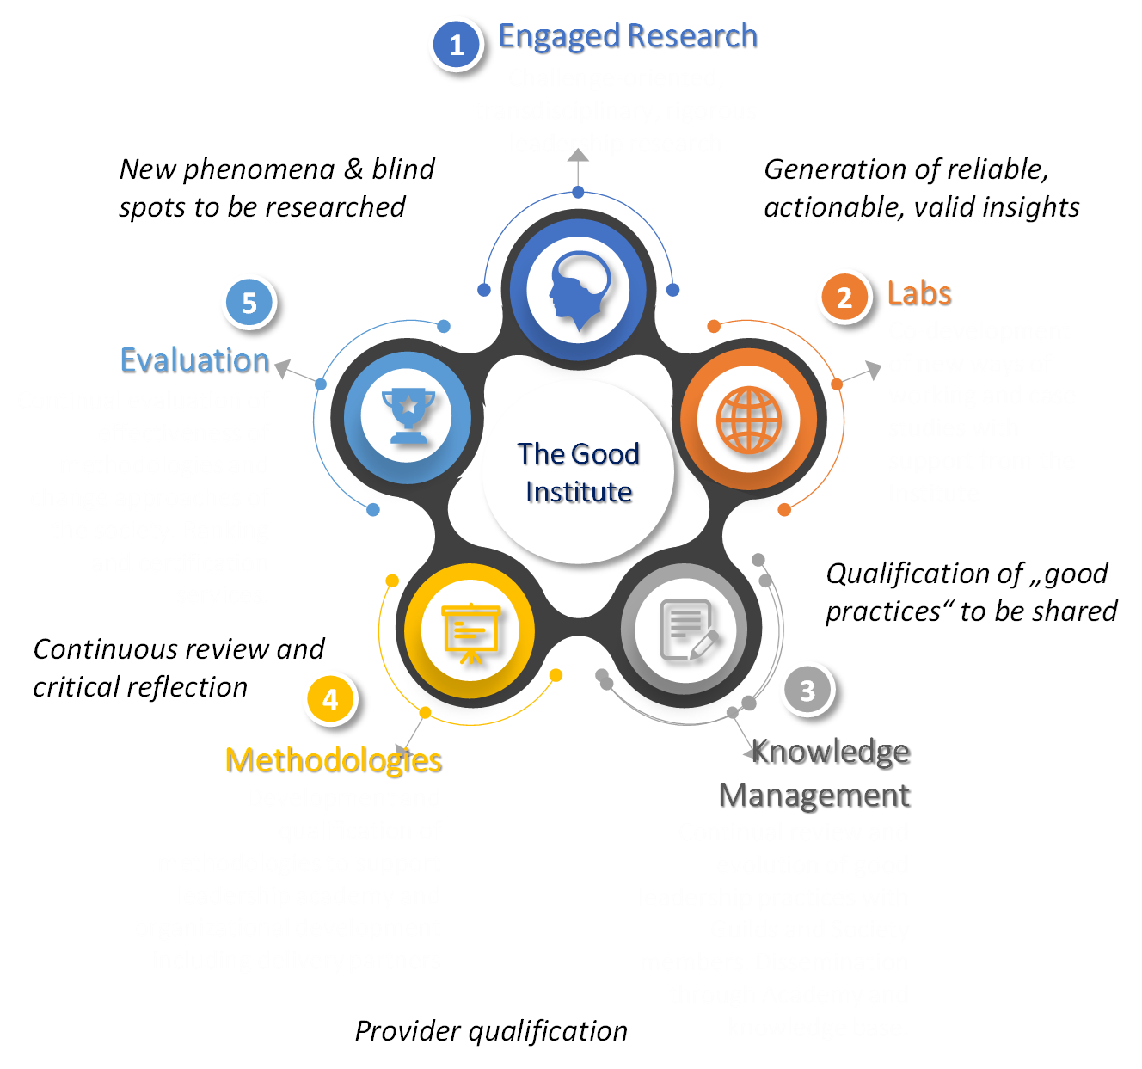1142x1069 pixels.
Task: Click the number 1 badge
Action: [456, 44]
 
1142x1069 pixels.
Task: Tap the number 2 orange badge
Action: [844, 297]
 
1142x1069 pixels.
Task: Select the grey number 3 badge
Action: [807, 690]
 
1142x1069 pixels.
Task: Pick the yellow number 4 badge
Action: [330, 698]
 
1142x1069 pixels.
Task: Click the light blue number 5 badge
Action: [249, 302]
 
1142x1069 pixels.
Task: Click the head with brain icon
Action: [578, 290]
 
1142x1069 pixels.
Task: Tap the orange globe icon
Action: [749, 420]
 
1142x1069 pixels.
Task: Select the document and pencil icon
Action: [685, 630]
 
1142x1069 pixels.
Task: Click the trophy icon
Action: [408, 415]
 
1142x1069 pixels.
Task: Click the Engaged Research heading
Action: [628, 36]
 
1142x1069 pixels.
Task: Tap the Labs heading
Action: [918, 293]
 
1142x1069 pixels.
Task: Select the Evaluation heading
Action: [194, 359]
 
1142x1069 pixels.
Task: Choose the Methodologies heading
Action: [333, 759]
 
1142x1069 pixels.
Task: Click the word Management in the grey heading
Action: [814, 795]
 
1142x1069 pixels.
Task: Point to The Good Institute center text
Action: [578, 472]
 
